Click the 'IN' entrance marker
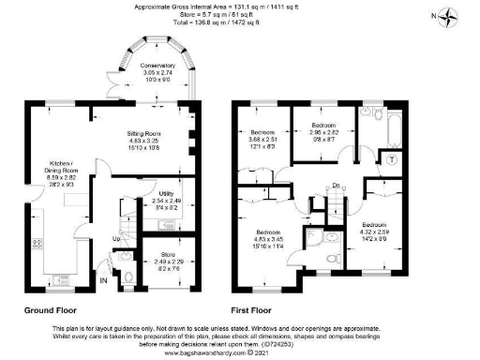(104, 279)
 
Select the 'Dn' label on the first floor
(336, 185)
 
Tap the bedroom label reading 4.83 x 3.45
(264, 238)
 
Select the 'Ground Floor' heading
(50, 307)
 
